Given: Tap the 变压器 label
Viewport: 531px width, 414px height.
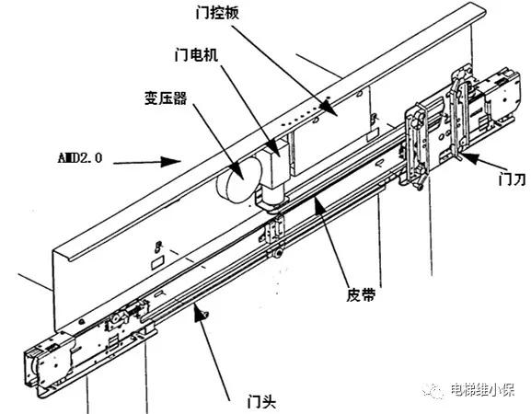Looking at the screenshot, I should pos(166,98).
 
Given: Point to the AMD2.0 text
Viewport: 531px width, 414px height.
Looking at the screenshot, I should pos(79,158).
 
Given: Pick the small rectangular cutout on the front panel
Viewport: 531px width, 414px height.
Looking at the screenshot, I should pos(157,261).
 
